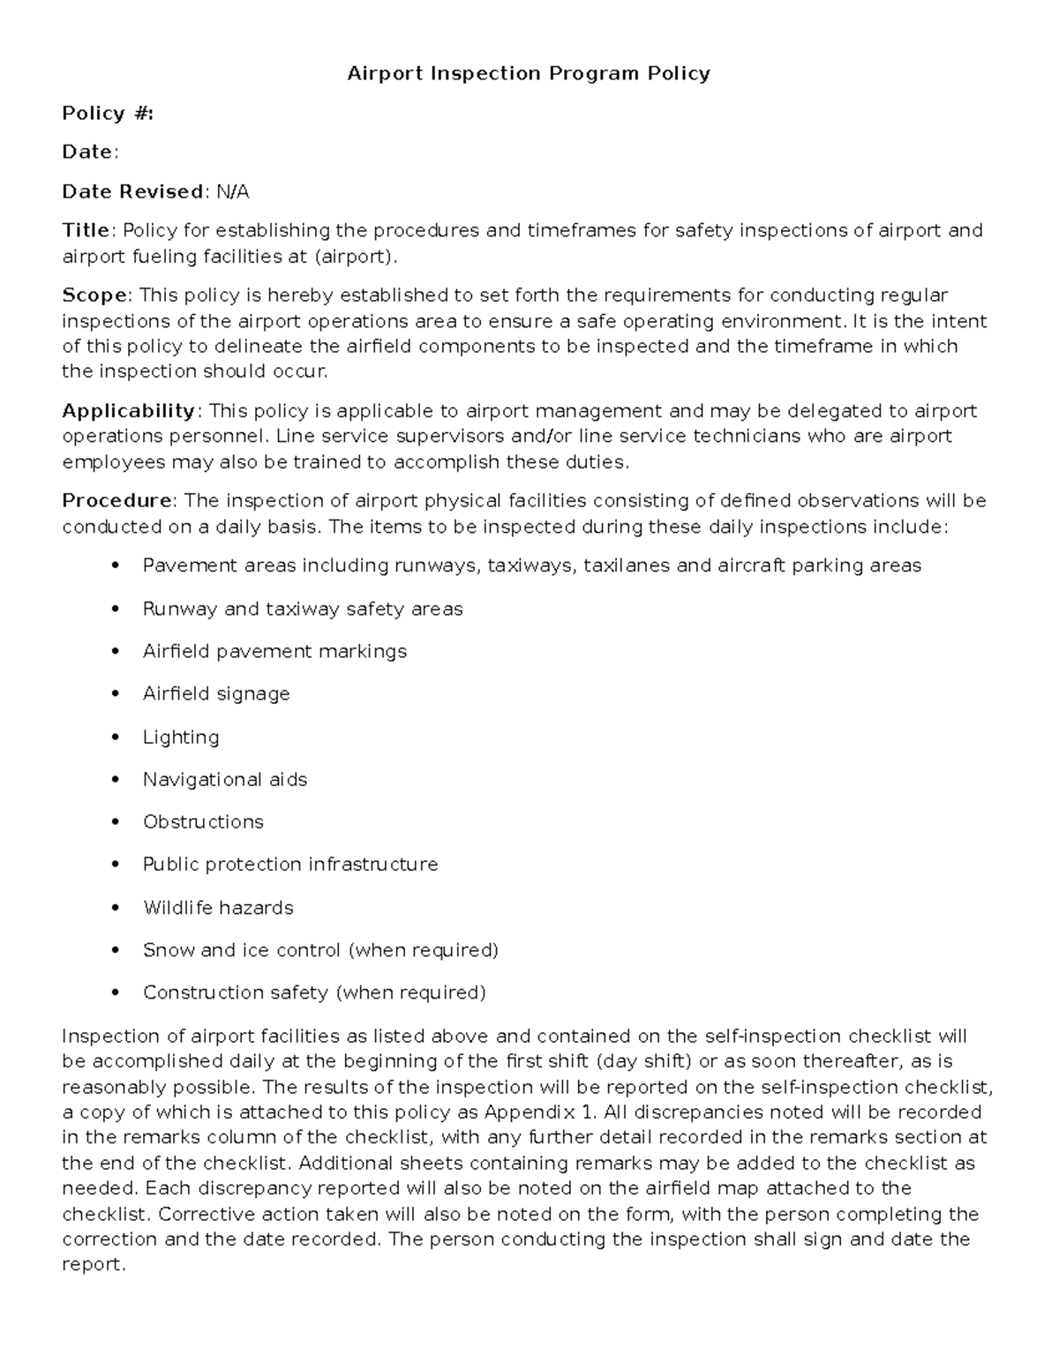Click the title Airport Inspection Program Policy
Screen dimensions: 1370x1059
(x=529, y=73)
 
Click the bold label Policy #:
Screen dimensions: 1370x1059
(x=108, y=113)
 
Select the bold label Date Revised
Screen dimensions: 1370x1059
(x=132, y=191)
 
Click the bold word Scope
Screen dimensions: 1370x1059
(x=95, y=295)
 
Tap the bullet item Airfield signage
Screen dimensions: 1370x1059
(x=216, y=694)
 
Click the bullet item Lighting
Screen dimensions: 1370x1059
(x=181, y=737)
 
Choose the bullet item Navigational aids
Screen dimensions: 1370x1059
(x=225, y=780)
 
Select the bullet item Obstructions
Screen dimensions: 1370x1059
(x=203, y=822)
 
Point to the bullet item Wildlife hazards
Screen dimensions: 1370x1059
(x=218, y=908)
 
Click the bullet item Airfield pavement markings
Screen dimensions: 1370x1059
(x=274, y=652)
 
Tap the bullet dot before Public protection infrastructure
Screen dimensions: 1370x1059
(x=116, y=865)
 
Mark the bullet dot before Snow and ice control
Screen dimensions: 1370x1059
(x=116, y=951)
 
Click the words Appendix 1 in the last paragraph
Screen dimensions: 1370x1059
(x=541, y=1112)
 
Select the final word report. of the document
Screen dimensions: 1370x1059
(x=94, y=1265)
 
